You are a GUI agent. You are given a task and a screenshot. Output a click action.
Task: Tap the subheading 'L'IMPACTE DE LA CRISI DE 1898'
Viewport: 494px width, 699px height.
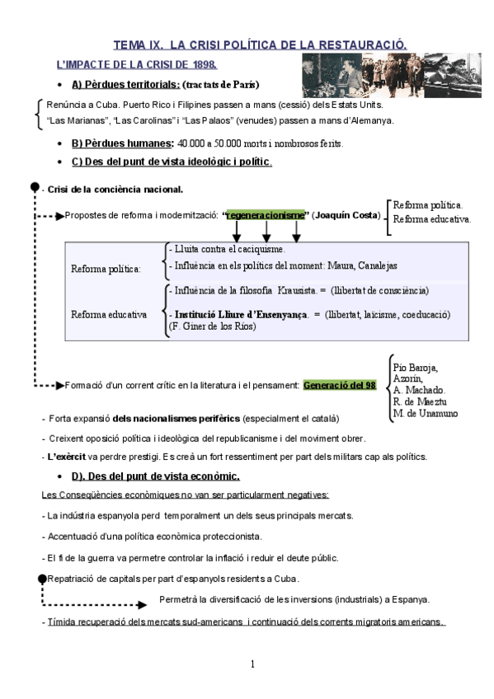136,63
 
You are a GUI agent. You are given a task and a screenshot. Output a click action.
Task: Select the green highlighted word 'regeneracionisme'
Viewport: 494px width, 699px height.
266,214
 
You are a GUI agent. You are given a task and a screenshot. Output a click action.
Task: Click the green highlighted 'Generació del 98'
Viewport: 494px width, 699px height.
340,385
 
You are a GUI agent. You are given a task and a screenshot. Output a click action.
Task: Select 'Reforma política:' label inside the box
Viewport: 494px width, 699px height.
106,268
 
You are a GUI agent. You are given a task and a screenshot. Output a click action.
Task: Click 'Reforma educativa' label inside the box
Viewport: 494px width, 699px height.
109,314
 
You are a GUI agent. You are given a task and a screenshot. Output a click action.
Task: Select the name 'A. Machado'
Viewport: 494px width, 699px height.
420,390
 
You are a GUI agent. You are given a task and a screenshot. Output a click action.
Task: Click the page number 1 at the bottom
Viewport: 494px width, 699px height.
253,664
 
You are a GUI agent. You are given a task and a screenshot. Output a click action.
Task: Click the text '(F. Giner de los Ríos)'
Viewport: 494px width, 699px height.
212,326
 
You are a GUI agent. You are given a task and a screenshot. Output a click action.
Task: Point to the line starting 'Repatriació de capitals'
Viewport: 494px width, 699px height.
173,579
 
